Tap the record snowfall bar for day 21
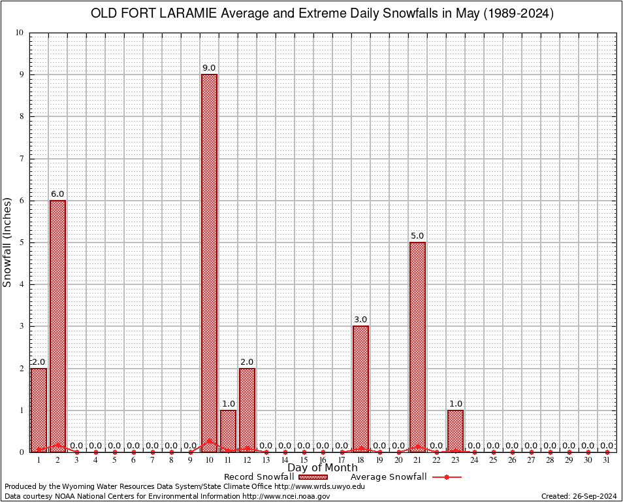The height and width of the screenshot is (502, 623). coord(417,346)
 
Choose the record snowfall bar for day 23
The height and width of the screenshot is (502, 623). coord(455,431)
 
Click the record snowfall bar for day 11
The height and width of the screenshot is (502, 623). coord(228,431)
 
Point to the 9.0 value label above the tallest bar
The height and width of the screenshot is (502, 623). coord(209,68)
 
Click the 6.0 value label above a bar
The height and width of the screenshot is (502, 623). coord(57,194)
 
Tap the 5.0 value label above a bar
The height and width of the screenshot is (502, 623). coord(417,236)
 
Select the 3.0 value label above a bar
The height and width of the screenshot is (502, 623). coord(360,320)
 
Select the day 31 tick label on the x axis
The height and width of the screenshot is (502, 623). coord(607,460)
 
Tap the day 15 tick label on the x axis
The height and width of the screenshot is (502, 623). coord(304,460)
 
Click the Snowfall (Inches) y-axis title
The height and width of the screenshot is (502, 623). coord(7,242)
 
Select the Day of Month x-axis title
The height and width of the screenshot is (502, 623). coord(323,467)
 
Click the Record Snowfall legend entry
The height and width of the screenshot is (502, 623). coord(274,477)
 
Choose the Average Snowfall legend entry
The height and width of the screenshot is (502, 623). coord(405,477)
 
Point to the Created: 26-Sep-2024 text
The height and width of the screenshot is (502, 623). coord(579,496)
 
